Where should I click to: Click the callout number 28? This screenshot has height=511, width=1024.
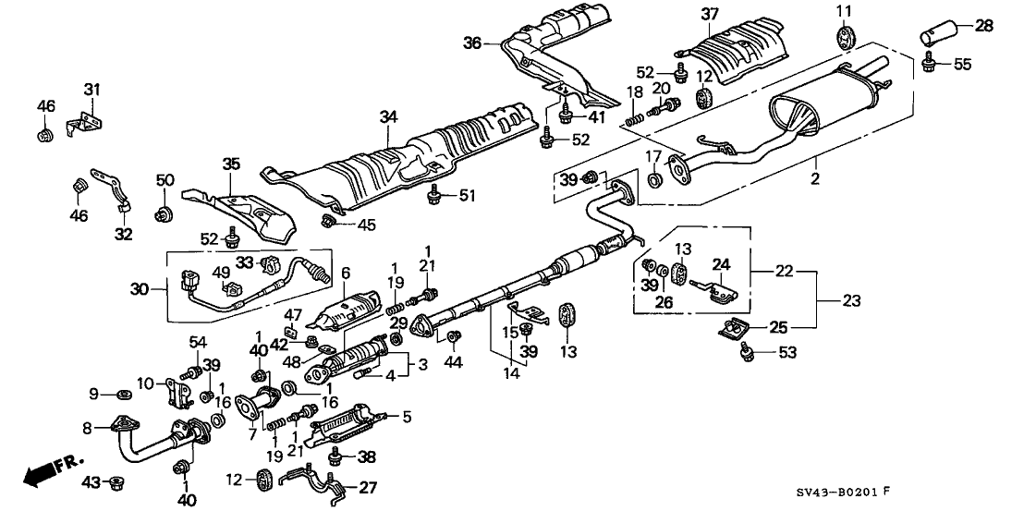click(x=984, y=26)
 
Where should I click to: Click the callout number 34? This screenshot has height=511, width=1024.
click(x=388, y=117)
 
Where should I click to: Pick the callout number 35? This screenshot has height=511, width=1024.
click(x=231, y=165)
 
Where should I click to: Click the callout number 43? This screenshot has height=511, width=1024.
click(x=91, y=481)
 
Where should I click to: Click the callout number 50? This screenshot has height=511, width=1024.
click(x=165, y=179)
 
